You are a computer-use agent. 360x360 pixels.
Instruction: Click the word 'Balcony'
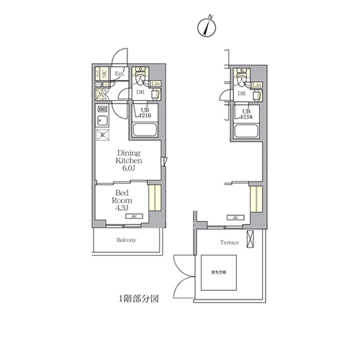point(126,240)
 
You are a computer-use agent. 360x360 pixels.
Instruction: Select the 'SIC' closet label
point(104,74)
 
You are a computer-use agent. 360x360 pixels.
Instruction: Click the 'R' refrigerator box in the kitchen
point(103,135)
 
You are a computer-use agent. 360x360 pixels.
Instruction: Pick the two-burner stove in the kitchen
point(102,109)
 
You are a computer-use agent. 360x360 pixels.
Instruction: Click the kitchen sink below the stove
point(102,120)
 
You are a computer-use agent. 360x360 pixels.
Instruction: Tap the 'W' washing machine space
point(102,94)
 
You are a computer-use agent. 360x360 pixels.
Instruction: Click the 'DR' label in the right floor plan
point(242,94)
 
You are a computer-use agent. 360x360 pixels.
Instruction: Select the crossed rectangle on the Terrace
point(250,241)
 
